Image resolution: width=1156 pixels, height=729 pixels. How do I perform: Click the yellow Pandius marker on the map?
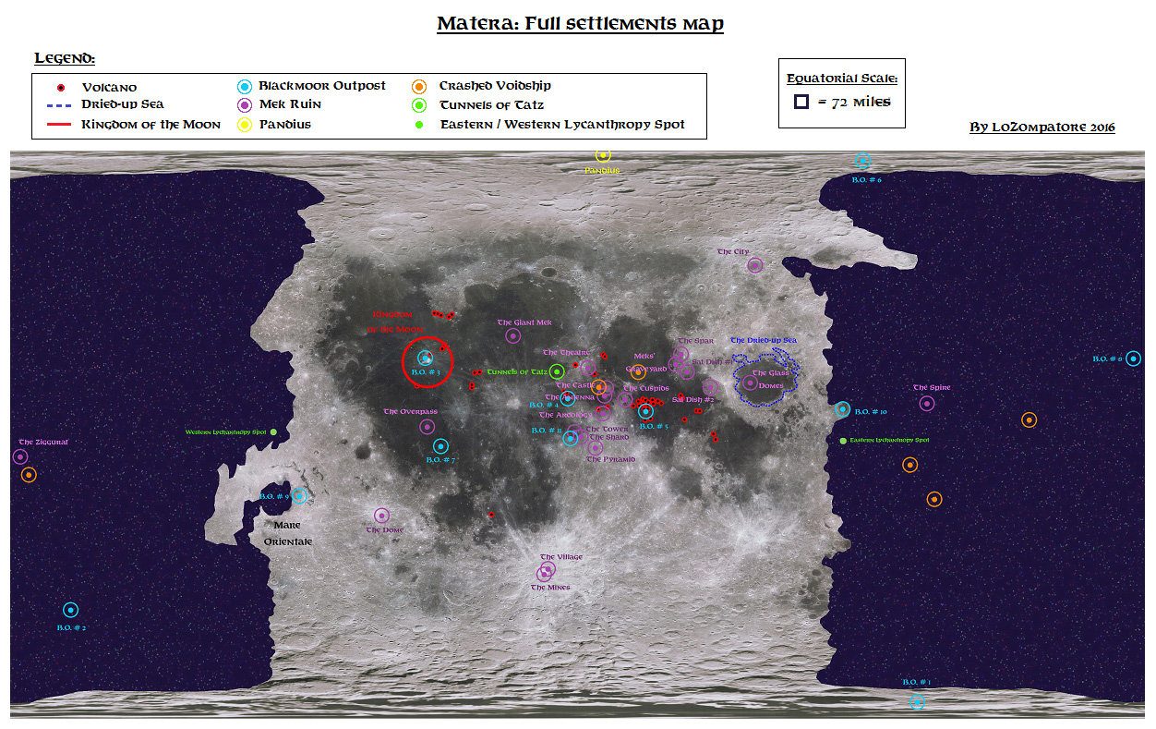click(x=603, y=155)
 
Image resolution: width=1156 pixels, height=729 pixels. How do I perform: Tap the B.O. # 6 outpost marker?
click(x=862, y=161)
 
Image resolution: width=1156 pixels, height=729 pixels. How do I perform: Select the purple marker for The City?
click(x=754, y=265)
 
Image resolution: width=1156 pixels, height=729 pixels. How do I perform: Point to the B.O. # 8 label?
click(x=1107, y=358)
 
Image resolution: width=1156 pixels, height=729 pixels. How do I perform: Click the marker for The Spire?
click(x=927, y=403)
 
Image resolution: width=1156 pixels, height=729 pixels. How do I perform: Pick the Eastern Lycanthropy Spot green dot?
click(x=843, y=441)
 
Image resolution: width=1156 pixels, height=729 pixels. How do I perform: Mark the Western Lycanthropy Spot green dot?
click(x=273, y=431)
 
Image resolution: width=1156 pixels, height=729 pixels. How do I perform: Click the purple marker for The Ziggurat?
click(x=20, y=456)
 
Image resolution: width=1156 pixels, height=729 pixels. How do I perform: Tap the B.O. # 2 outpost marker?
click(x=70, y=610)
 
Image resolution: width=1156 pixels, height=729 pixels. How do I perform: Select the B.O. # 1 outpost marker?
click(x=917, y=701)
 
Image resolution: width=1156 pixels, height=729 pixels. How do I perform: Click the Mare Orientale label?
click(x=288, y=533)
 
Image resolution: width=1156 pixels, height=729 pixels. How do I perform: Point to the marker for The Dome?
click(x=381, y=516)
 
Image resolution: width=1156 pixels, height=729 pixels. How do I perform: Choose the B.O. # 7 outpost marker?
click(x=440, y=446)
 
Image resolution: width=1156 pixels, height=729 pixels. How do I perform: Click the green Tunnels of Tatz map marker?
click(x=557, y=371)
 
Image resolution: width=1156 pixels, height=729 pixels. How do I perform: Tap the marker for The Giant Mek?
click(x=513, y=336)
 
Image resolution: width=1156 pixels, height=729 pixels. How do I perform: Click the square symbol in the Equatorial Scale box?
click(x=801, y=102)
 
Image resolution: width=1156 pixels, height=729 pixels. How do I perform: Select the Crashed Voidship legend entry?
click(x=495, y=86)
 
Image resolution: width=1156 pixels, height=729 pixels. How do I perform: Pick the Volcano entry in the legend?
click(x=109, y=88)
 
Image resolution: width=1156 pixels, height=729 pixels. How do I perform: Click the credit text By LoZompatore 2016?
click(x=1042, y=127)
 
